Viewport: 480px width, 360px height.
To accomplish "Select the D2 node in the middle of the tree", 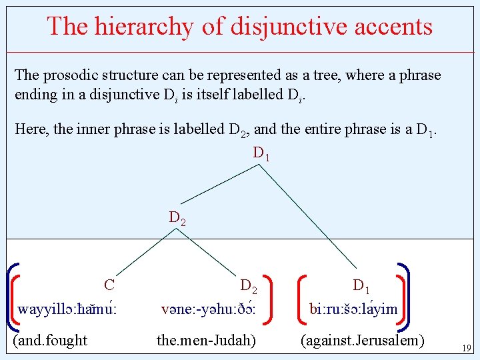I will point(177,218).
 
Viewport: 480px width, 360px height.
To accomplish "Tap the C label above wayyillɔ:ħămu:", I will point(110,285).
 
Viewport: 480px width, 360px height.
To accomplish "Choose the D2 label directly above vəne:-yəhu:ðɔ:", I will point(249,287).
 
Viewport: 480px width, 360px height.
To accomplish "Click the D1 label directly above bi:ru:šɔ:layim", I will point(361,287).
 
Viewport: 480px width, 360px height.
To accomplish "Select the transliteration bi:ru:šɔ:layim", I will point(353,309).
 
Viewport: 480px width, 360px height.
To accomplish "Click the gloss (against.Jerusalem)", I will point(363,341).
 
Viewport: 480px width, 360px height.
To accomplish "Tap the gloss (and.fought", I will point(50,341).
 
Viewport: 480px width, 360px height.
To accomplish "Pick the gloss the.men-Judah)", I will point(206,341).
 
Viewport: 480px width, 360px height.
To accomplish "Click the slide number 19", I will point(466,347).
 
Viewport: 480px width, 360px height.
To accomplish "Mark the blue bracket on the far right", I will point(405,296).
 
